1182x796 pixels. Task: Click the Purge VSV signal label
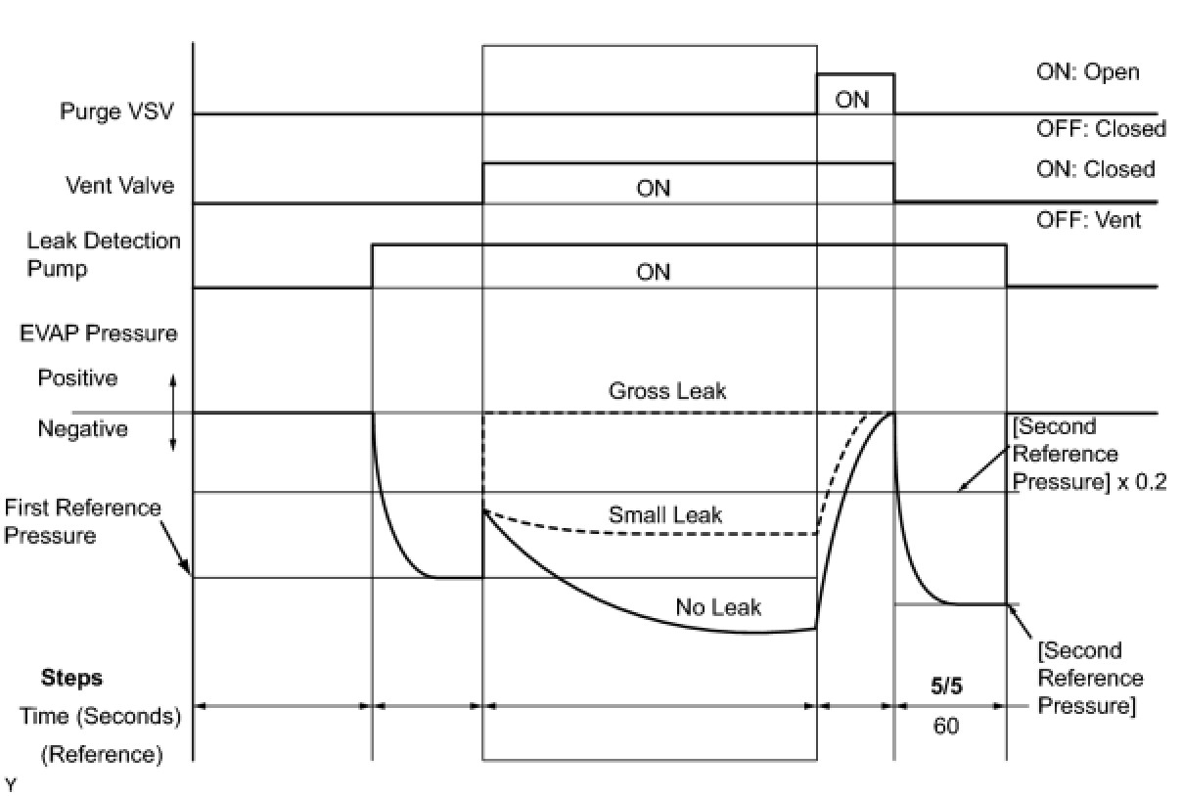click(116, 111)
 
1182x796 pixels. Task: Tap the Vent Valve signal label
click(119, 185)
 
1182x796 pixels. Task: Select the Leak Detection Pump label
click(104, 254)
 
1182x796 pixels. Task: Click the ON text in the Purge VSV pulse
click(852, 100)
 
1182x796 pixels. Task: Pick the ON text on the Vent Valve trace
click(653, 189)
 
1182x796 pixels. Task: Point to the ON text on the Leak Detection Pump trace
click(653, 273)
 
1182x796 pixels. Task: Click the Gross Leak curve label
click(667, 391)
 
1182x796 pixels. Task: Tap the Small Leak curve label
click(665, 514)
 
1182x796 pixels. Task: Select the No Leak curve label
click(718, 607)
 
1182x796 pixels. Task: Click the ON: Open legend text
click(1088, 72)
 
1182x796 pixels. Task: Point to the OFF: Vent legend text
click(1088, 220)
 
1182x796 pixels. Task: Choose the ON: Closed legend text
click(1096, 169)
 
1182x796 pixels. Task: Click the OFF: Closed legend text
click(1101, 128)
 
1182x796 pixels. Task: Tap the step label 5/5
click(946, 685)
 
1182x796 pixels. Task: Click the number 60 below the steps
click(946, 727)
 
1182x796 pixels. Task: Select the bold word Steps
click(71, 678)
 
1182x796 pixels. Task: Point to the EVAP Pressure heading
click(99, 332)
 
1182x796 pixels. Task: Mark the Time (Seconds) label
click(101, 717)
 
